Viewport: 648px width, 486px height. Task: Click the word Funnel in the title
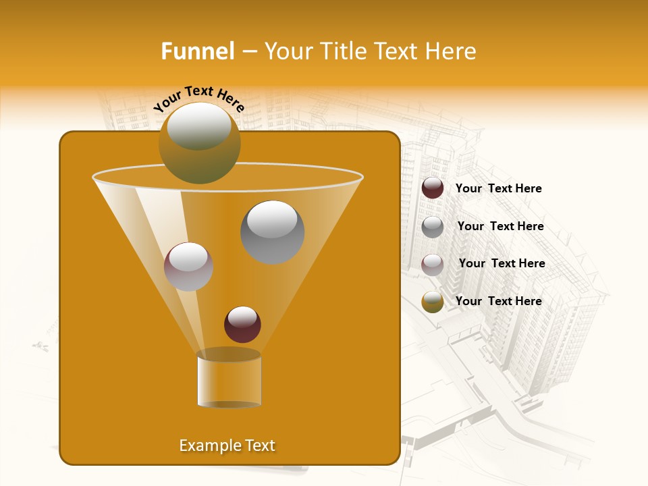pos(197,51)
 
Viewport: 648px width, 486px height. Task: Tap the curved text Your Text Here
pos(199,99)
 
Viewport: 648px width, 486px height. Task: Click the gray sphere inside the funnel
pos(273,232)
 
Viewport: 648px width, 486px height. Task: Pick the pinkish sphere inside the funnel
pos(188,267)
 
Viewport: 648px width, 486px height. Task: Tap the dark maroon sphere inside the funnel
pos(242,324)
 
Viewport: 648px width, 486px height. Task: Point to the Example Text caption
pos(227,446)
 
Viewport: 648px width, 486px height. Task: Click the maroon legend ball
pos(433,188)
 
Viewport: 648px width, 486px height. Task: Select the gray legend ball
pos(433,226)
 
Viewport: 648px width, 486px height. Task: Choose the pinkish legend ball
pos(433,264)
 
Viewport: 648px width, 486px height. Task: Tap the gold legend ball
pos(433,302)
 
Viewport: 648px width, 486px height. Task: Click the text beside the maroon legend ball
pos(498,188)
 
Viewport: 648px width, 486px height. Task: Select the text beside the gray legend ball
pos(500,226)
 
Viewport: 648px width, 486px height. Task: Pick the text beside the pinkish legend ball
pos(502,263)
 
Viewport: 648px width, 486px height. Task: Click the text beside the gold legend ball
pos(498,301)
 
